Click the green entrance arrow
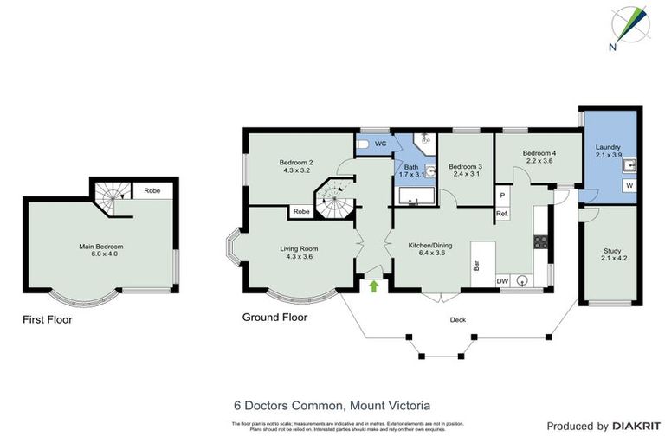pos(374,285)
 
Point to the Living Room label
pos(297,254)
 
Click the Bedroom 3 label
pos(464,170)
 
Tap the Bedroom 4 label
pos(539,157)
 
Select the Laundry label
pos(608,152)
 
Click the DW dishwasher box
pos(502,280)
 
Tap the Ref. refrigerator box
pos(501,214)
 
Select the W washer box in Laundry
pos(628,186)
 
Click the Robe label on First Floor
pos(151,190)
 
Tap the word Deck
pos(458,319)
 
